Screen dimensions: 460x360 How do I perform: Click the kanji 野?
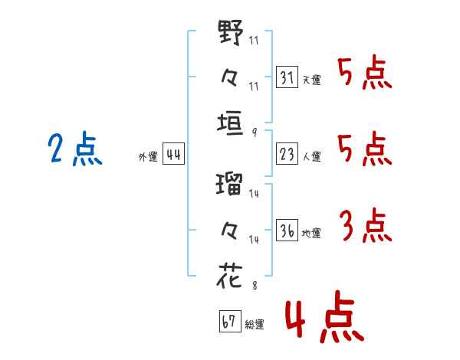[x=231, y=32]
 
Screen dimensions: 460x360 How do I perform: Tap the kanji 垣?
[x=230, y=123]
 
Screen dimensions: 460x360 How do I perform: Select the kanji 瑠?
[x=229, y=184]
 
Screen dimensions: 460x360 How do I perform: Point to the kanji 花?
[x=230, y=276]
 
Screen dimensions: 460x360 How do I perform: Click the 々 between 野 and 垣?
[x=229, y=77]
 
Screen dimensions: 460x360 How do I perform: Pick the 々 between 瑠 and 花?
[x=229, y=231]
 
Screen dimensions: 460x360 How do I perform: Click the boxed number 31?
[x=287, y=77]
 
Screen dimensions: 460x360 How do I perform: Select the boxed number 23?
[x=287, y=154]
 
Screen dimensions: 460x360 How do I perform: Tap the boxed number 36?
[x=287, y=230]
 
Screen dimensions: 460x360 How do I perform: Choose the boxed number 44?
[x=173, y=154]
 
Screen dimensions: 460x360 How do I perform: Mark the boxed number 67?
[x=230, y=321]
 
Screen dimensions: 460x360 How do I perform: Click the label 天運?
[x=312, y=80]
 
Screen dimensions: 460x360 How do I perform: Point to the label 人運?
[x=312, y=156]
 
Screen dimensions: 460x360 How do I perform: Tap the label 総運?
[x=255, y=324]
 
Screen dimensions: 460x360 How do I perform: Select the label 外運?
[x=148, y=157]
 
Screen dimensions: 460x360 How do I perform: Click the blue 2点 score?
[x=75, y=149]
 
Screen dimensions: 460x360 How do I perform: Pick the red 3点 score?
[x=366, y=225]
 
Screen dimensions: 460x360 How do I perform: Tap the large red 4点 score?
[x=325, y=316]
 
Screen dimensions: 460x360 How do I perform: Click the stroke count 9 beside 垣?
[x=255, y=133]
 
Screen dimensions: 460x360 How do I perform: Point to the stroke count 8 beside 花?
[x=255, y=286]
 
